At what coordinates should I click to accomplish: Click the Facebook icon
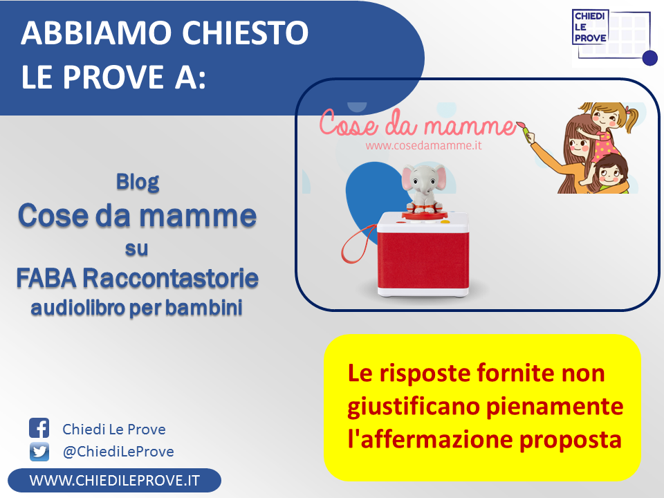39,428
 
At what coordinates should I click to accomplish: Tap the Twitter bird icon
39,452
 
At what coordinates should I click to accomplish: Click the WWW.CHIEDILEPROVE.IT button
114,480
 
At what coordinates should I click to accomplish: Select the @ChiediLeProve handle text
118,452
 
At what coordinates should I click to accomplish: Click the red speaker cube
423,253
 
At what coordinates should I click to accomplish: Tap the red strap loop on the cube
358,244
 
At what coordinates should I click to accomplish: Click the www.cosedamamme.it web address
423,146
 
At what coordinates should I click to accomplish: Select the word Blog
138,182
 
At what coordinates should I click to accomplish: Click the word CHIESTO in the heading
245,33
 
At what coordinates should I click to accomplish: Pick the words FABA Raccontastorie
137,278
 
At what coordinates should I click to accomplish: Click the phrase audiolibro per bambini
136,308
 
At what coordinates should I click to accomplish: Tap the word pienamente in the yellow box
554,407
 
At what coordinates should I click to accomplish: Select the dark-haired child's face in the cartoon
610,172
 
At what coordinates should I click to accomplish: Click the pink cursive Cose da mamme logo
417,123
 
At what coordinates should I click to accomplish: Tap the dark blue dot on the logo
649,58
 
